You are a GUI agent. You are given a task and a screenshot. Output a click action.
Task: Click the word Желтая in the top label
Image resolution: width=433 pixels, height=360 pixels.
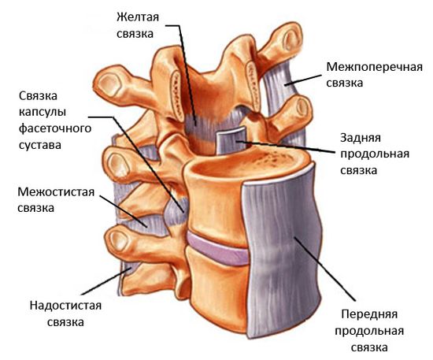(138, 17)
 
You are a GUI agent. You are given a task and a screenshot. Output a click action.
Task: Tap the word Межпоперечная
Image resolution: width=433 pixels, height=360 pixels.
(375, 67)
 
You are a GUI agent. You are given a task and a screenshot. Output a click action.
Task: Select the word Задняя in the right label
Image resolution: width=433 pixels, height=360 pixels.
(361, 138)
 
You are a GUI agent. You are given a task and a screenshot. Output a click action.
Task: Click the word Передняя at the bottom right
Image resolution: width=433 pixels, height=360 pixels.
(369, 314)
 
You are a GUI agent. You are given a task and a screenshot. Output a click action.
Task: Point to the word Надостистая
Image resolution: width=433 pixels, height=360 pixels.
(65, 306)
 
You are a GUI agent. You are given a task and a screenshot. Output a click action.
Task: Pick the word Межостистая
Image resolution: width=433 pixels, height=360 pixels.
(56, 191)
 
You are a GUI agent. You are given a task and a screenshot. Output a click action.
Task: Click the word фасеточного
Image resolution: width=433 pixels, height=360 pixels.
(55, 128)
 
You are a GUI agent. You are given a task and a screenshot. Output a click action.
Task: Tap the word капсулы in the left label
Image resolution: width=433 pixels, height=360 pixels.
(43, 112)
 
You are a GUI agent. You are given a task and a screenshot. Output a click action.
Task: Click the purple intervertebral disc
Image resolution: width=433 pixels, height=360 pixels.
(217, 249)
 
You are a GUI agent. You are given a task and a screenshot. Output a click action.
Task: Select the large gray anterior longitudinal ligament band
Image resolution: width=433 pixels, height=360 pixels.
(282, 249)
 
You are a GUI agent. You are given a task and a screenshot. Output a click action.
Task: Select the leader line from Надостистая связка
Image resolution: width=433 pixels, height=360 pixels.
(105, 280)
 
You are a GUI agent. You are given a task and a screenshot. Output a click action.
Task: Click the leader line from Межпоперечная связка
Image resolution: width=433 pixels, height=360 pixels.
(303, 80)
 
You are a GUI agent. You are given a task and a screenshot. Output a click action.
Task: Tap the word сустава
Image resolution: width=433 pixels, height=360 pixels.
(40, 145)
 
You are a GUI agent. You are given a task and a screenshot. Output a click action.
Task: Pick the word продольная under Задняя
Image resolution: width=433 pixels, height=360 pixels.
(375, 154)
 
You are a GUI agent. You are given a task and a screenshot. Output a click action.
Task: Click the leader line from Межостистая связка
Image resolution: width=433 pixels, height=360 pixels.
(123, 211)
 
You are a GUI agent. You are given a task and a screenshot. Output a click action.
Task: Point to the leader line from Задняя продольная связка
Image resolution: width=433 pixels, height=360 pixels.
(287, 147)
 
